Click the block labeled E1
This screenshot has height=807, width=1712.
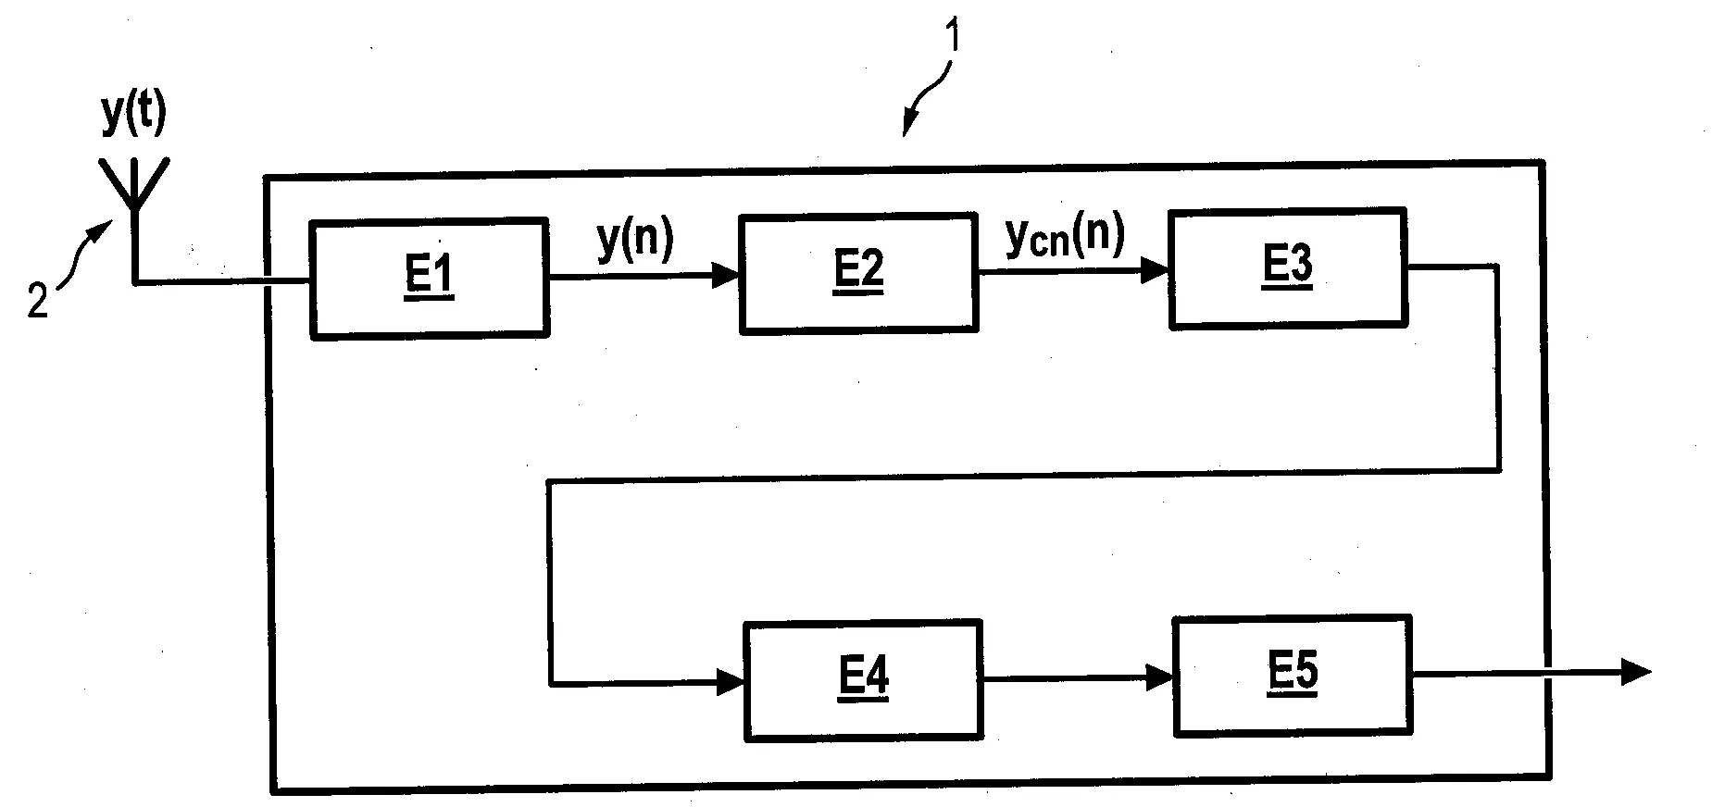coord(429,278)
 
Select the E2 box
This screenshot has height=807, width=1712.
coord(858,273)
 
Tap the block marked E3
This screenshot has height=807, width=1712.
coord(1287,268)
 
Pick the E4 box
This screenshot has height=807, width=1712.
coord(863,680)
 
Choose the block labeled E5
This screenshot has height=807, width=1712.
coord(1293,675)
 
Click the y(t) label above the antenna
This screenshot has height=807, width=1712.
coord(134,116)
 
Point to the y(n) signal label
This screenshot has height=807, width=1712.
coord(635,240)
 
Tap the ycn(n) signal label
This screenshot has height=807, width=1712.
coord(1065,236)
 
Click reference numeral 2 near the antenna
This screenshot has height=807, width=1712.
coord(37,303)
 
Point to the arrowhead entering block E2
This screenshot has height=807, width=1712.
coord(726,274)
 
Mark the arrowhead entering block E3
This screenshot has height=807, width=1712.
coord(1156,270)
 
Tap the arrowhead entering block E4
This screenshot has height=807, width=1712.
coord(731,684)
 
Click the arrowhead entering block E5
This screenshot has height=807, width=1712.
coord(1160,677)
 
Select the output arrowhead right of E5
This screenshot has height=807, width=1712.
coord(1637,672)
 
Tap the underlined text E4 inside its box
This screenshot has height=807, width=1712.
coord(863,680)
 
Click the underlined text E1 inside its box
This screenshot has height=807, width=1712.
coord(429,278)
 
